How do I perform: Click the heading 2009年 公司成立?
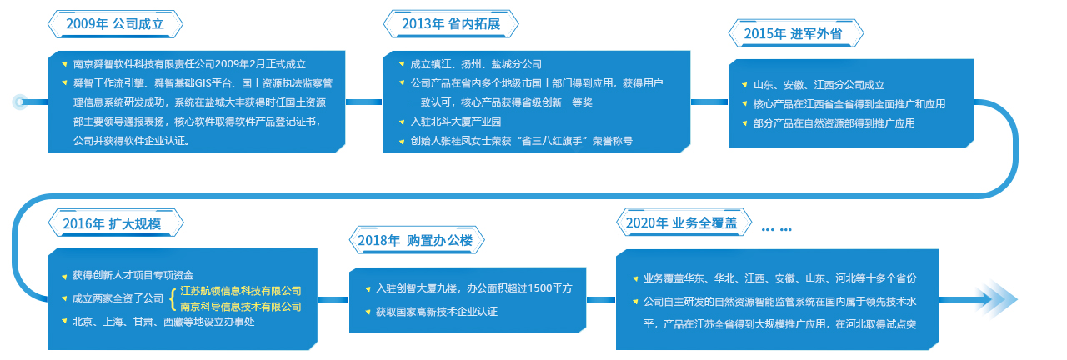pos(115,24)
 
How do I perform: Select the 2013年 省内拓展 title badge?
pos(451,24)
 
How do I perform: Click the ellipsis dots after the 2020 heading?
pos(776,229)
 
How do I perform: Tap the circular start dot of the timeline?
pos(19,102)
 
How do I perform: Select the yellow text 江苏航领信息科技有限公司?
pos(241,291)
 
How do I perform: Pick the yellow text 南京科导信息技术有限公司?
pos(241,306)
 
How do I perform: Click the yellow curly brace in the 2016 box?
pos(173,298)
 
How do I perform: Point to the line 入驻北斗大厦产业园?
pos(455,122)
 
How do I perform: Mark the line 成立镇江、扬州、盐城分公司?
pos(476,64)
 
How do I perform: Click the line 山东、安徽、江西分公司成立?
pos(819,85)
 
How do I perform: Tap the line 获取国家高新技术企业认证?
pos(436,312)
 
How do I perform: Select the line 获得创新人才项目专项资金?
pos(133,275)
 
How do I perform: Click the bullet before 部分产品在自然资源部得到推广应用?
pos(744,124)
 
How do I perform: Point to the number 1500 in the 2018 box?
pos(539,288)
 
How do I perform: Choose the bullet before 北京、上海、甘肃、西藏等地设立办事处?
pos(64,322)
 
